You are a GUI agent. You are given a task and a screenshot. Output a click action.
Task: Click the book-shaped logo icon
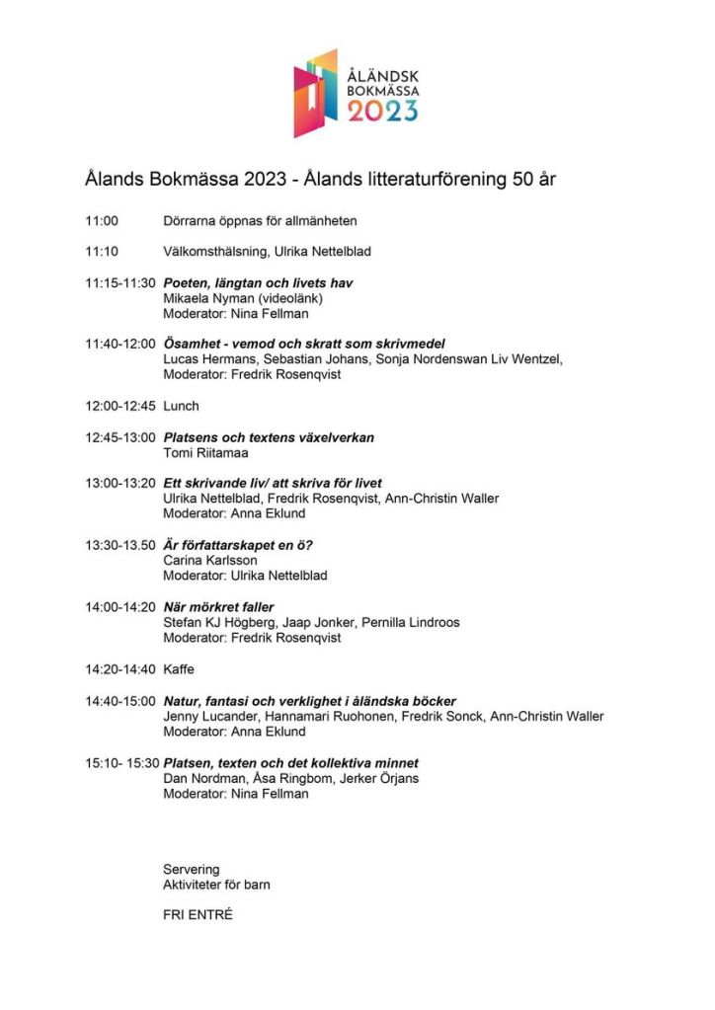[315, 93]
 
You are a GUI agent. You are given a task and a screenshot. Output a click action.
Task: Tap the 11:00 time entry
[102, 221]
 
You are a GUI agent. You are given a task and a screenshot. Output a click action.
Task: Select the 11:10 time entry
[102, 252]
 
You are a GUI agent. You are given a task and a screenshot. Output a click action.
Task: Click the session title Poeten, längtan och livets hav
[258, 283]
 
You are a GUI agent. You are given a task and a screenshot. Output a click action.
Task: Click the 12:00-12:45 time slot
[119, 406]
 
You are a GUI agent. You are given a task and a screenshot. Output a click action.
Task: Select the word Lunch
[181, 406]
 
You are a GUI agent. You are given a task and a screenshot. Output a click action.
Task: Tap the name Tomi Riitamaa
[205, 453]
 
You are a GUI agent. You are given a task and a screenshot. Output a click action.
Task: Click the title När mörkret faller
[218, 607]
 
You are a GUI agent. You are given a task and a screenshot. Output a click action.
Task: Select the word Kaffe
[179, 669]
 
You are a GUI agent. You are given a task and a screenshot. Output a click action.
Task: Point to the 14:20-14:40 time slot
[119, 669]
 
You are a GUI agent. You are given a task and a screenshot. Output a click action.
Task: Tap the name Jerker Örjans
[393, 778]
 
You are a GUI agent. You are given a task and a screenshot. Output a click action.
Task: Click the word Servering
[191, 869]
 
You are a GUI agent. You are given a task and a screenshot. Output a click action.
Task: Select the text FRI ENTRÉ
[198, 914]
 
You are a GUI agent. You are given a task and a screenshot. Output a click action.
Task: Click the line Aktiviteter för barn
[216, 884]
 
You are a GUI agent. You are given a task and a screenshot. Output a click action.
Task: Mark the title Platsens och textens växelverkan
[269, 437]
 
